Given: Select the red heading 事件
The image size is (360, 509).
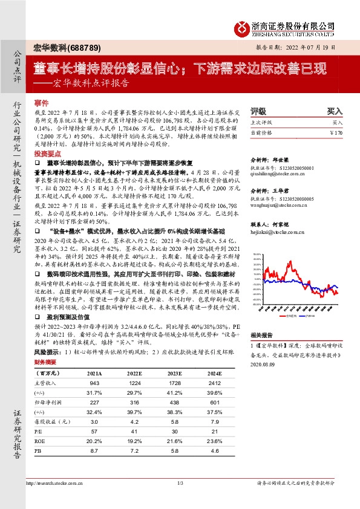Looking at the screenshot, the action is coord(42,104).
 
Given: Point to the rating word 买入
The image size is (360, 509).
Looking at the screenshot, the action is coord(335,112).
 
